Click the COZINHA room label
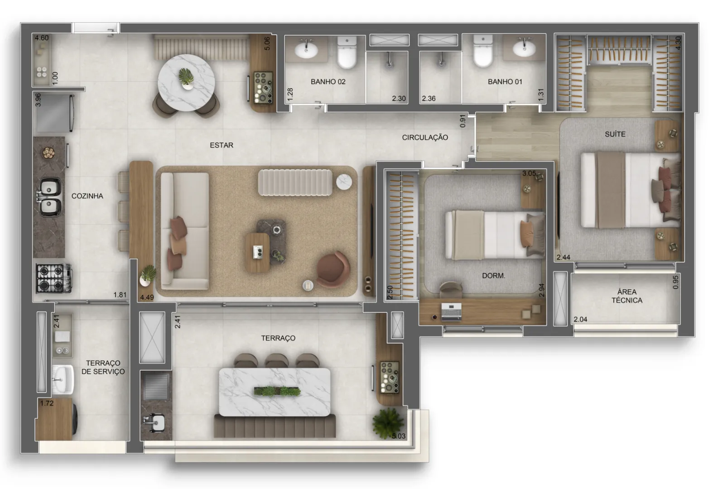pyautogui.click(x=87, y=196)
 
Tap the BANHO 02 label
pyautogui.click(x=328, y=81)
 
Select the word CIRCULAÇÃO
pyautogui.click(x=425, y=138)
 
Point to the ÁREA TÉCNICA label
pyautogui.click(x=627, y=296)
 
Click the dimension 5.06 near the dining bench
pyautogui.click(x=267, y=43)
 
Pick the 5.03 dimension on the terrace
pyautogui.click(x=399, y=436)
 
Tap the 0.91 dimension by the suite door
pyautogui.click(x=463, y=121)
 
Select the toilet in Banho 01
pyautogui.click(x=483, y=52)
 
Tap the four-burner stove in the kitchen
pyautogui.click(x=53, y=278)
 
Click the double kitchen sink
pyautogui.click(x=50, y=197)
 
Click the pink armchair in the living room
pyautogui.click(x=333, y=269)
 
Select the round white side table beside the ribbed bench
pyautogui.click(x=344, y=182)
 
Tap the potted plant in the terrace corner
pyautogui.click(x=387, y=423)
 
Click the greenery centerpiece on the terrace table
pyautogui.click(x=277, y=391)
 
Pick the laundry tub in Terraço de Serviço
pyautogui.click(x=63, y=379)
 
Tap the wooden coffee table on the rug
pyautogui.click(x=257, y=253)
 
